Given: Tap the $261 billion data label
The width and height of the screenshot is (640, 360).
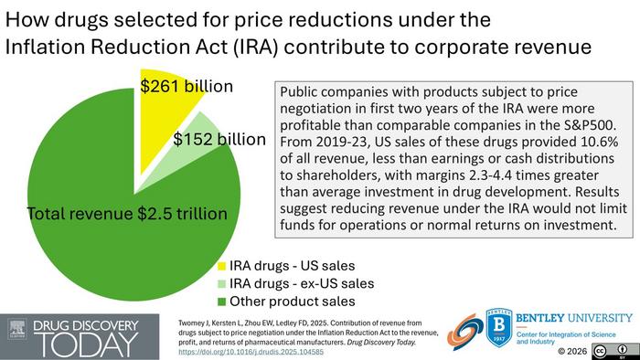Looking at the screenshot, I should click(x=187, y=87).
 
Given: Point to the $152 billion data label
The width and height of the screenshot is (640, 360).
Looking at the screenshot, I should click(x=219, y=140).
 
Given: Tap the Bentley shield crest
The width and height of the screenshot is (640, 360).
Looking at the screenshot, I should click(x=497, y=328).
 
